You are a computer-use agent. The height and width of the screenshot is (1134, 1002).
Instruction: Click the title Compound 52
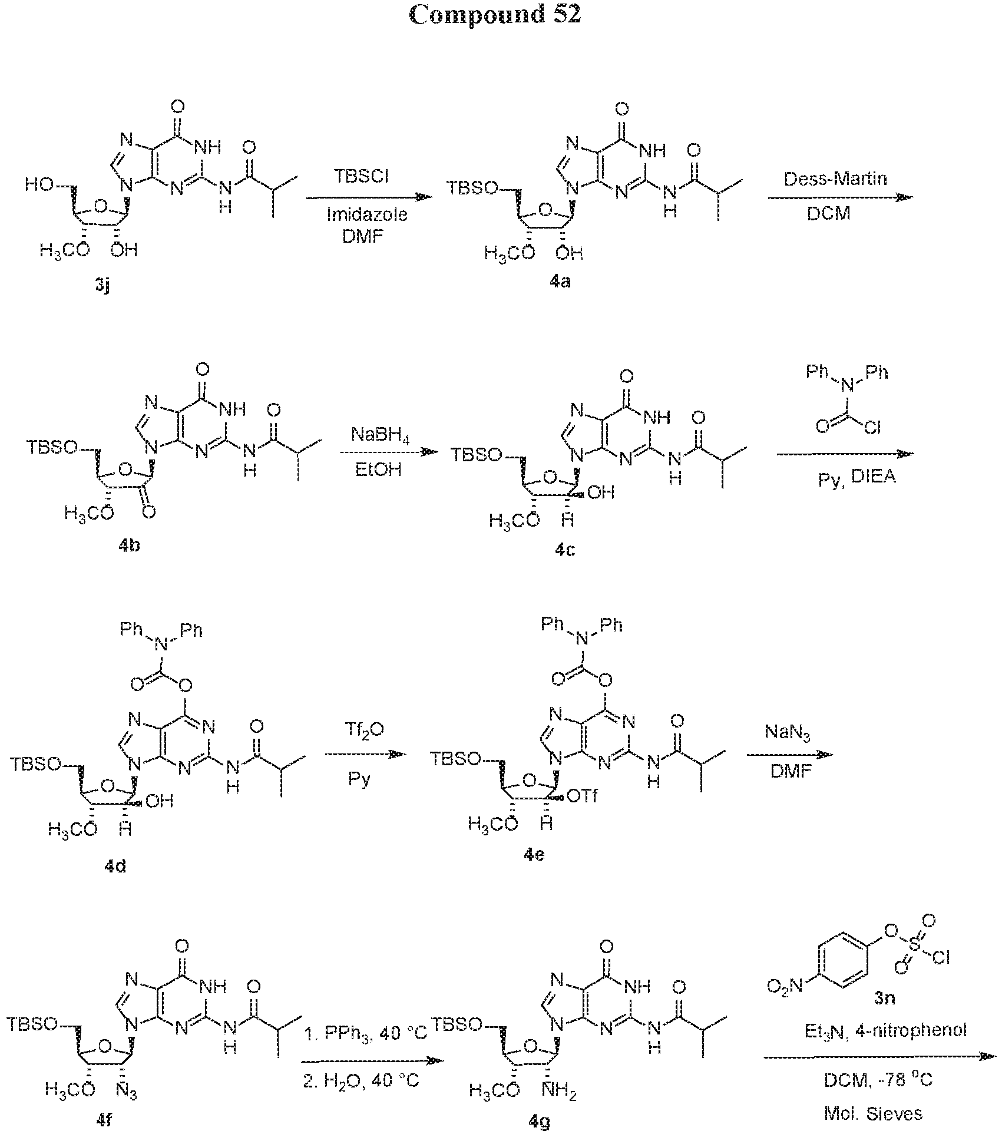click(495, 15)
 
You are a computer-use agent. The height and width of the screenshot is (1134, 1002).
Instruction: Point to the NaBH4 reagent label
click(382, 437)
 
